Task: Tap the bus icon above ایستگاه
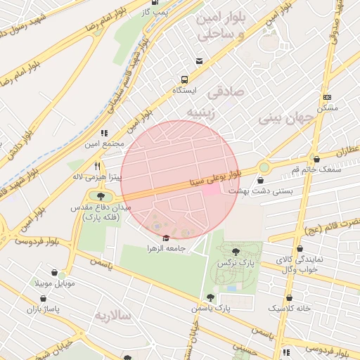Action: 184,79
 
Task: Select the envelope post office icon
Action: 200,62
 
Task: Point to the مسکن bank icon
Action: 327,96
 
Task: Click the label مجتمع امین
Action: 104,143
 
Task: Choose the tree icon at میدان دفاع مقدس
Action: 101,197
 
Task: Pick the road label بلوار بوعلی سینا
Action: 219,174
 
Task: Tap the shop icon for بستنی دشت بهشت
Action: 261,181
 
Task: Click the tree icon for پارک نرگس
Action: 234,251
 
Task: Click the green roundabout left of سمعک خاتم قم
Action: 264,167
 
